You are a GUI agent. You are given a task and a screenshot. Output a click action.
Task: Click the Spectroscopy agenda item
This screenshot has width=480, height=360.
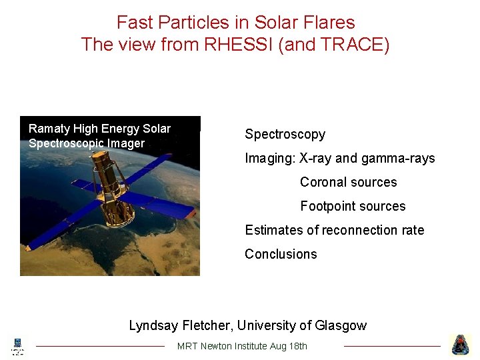[285, 134]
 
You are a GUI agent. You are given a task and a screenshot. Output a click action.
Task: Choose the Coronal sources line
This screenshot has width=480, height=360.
[348, 182]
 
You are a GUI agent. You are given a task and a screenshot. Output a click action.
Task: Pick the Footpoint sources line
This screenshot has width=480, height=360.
[353, 206]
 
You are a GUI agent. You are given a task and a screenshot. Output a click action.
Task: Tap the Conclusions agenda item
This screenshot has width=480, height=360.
[281, 254]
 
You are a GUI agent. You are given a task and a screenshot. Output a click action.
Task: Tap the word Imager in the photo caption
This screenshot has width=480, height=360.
[125, 143]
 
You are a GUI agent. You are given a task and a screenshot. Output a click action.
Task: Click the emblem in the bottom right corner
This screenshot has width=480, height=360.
[461, 345]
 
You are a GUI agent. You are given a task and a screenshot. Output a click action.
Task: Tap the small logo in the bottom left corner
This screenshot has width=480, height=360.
[18, 345]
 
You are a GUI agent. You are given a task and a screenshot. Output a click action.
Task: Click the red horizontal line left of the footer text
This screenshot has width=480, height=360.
[100, 346]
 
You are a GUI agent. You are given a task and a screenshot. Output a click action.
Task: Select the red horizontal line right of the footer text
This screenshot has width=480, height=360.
[392, 346]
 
